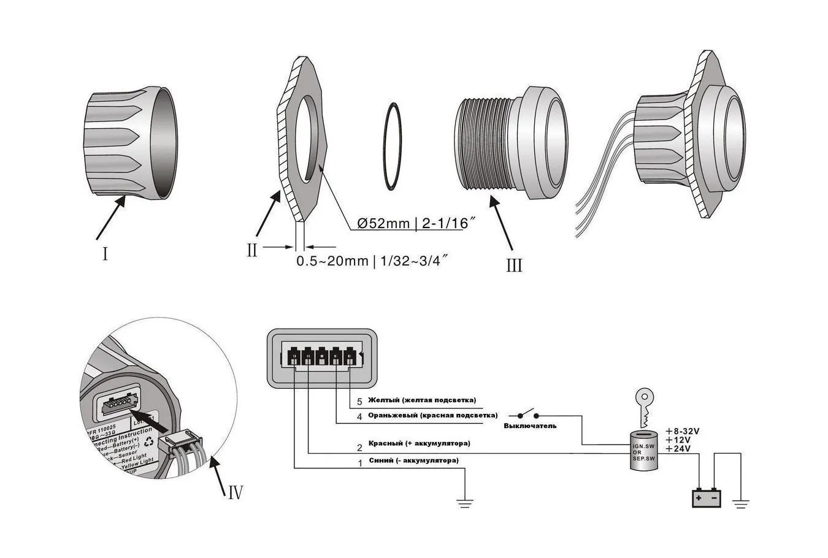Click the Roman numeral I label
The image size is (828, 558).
click(x=105, y=253)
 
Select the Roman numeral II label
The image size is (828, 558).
click(x=252, y=250)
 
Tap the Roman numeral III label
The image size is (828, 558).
click(x=514, y=265)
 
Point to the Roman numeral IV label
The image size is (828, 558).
click(x=236, y=491)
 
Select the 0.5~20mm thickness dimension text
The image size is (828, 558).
click(x=372, y=261)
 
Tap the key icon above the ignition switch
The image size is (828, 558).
click(x=643, y=405)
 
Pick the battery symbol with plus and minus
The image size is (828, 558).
click(x=707, y=497)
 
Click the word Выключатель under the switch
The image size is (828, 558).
click(x=530, y=426)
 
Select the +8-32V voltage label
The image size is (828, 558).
click(x=683, y=431)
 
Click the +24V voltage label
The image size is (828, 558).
click(x=678, y=449)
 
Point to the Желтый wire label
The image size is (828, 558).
click(x=421, y=400)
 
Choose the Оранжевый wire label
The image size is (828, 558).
click(x=432, y=416)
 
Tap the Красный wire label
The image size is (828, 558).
click(x=419, y=443)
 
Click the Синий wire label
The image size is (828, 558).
click(x=413, y=460)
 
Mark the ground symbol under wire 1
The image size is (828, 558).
click(x=466, y=504)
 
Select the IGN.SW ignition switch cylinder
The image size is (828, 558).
click(x=643, y=450)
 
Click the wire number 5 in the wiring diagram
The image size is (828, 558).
click(x=360, y=402)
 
